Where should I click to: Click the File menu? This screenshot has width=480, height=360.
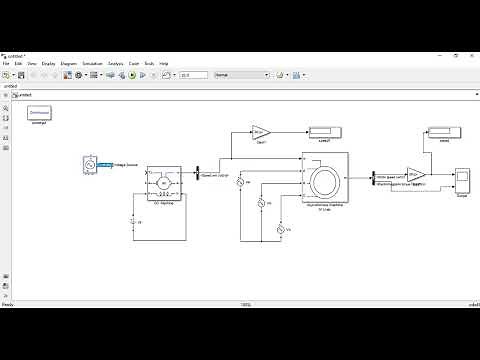(x=5, y=63)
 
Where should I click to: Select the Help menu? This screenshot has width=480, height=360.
(x=164, y=63)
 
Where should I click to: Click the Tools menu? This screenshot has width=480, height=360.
(x=149, y=63)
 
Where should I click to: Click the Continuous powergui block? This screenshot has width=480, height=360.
(x=39, y=113)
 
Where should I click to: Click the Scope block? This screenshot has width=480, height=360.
(x=462, y=181)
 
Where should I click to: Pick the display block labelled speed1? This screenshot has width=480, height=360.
(x=323, y=131)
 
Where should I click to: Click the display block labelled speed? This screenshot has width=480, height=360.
(x=444, y=132)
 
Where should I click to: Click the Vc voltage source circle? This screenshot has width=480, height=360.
(x=281, y=231)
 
